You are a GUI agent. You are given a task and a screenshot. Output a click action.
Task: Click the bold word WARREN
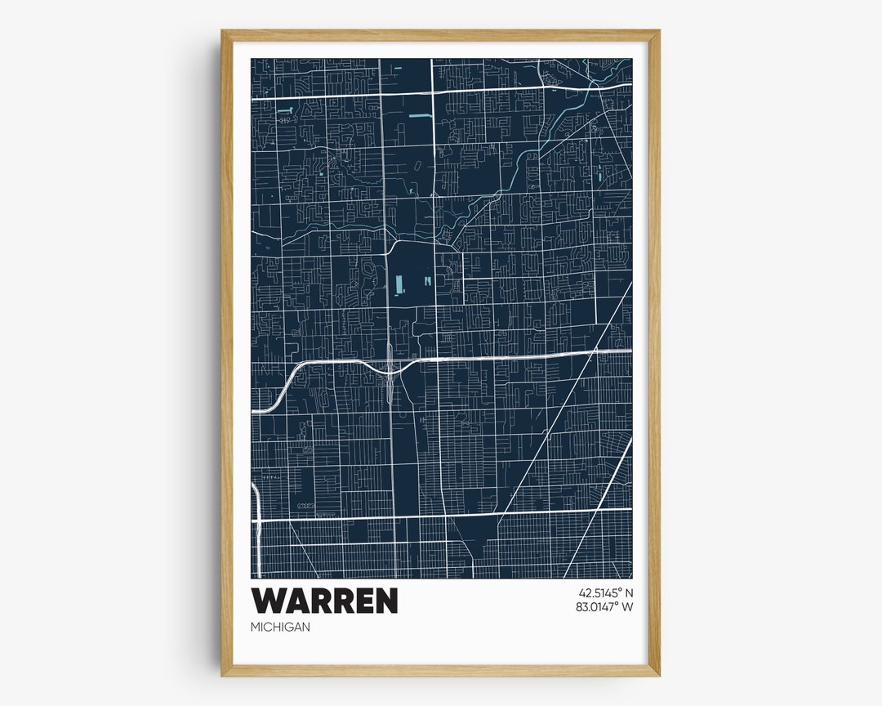click(324, 601)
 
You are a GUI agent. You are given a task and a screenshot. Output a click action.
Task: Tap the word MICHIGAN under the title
click(281, 627)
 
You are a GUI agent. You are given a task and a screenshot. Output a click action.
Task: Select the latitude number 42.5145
click(599, 593)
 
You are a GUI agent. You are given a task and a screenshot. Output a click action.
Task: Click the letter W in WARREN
click(269, 601)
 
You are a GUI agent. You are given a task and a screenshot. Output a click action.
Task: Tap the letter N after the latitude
click(629, 593)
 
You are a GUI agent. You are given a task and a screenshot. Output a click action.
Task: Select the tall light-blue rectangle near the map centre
click(399, 285)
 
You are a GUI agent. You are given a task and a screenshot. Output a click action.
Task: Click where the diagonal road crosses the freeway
click(595, 352)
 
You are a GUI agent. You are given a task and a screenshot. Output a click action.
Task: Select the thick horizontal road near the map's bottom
click(441, 515)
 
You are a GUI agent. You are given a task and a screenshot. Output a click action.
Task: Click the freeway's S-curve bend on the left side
click(286, 384)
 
